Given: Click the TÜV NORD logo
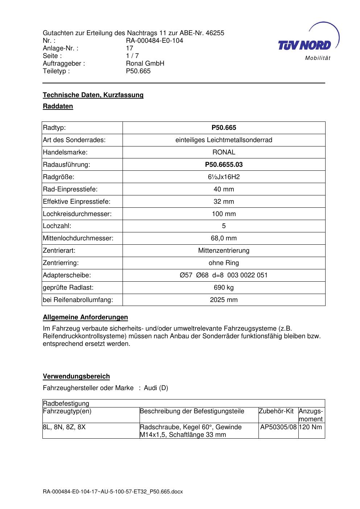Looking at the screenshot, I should click(308, 42).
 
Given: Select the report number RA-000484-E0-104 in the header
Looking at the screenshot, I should click(154, 41).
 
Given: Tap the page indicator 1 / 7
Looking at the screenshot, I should click(132, 56).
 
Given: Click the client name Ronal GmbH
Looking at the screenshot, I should click(145, 63).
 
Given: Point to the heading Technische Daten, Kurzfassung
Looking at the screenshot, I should click(93, 95).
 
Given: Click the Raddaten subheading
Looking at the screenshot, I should click(58, 106).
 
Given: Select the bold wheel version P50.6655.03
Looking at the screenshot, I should click(224, 165).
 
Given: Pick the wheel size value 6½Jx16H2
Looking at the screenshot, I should click(224, 177).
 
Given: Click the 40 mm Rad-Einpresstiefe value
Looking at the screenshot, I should click(224, 189).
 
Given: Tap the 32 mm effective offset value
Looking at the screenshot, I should click(224, 202).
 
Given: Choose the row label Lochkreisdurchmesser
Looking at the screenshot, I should click(77, 214).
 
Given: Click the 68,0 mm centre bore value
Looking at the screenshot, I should click(224, 238).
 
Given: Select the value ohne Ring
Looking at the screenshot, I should click(224, 263).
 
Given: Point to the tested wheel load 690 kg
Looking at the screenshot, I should click(224, 287).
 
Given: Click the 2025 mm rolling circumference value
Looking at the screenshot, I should click(224, 300).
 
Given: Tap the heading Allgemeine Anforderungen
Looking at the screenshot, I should click(85, 317).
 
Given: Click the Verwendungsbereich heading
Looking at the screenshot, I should click(76, 376).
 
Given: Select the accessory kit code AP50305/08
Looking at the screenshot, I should click(278, 427).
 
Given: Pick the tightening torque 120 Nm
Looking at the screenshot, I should click(311, 427).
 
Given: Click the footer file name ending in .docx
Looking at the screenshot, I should click(113, 492).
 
